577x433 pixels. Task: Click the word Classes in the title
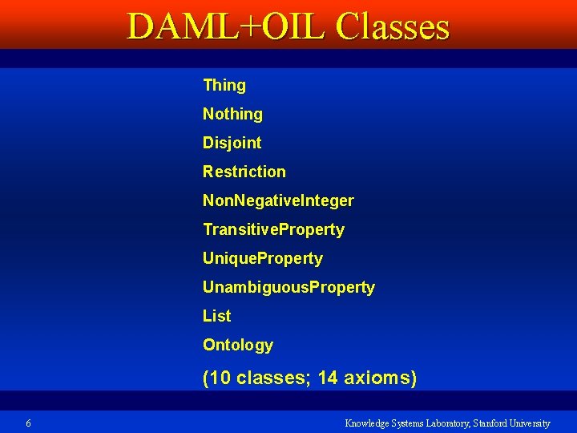point(393,26)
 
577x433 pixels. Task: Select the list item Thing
point(224,85)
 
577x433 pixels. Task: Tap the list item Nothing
point(232,114)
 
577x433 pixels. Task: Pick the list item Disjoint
point(232,143)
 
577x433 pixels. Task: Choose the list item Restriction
point(244,172)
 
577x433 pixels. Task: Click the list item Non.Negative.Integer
point(278,200)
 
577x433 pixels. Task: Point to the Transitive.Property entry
point(273,229)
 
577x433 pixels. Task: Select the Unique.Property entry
point(262,258)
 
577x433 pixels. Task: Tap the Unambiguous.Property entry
point(288,287)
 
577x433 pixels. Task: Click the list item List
point(216,316)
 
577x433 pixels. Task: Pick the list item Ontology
point(237,345)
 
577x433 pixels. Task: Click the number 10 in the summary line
point(218,378)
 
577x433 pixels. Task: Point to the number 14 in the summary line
point(328,378)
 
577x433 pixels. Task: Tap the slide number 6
point(28,423)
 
